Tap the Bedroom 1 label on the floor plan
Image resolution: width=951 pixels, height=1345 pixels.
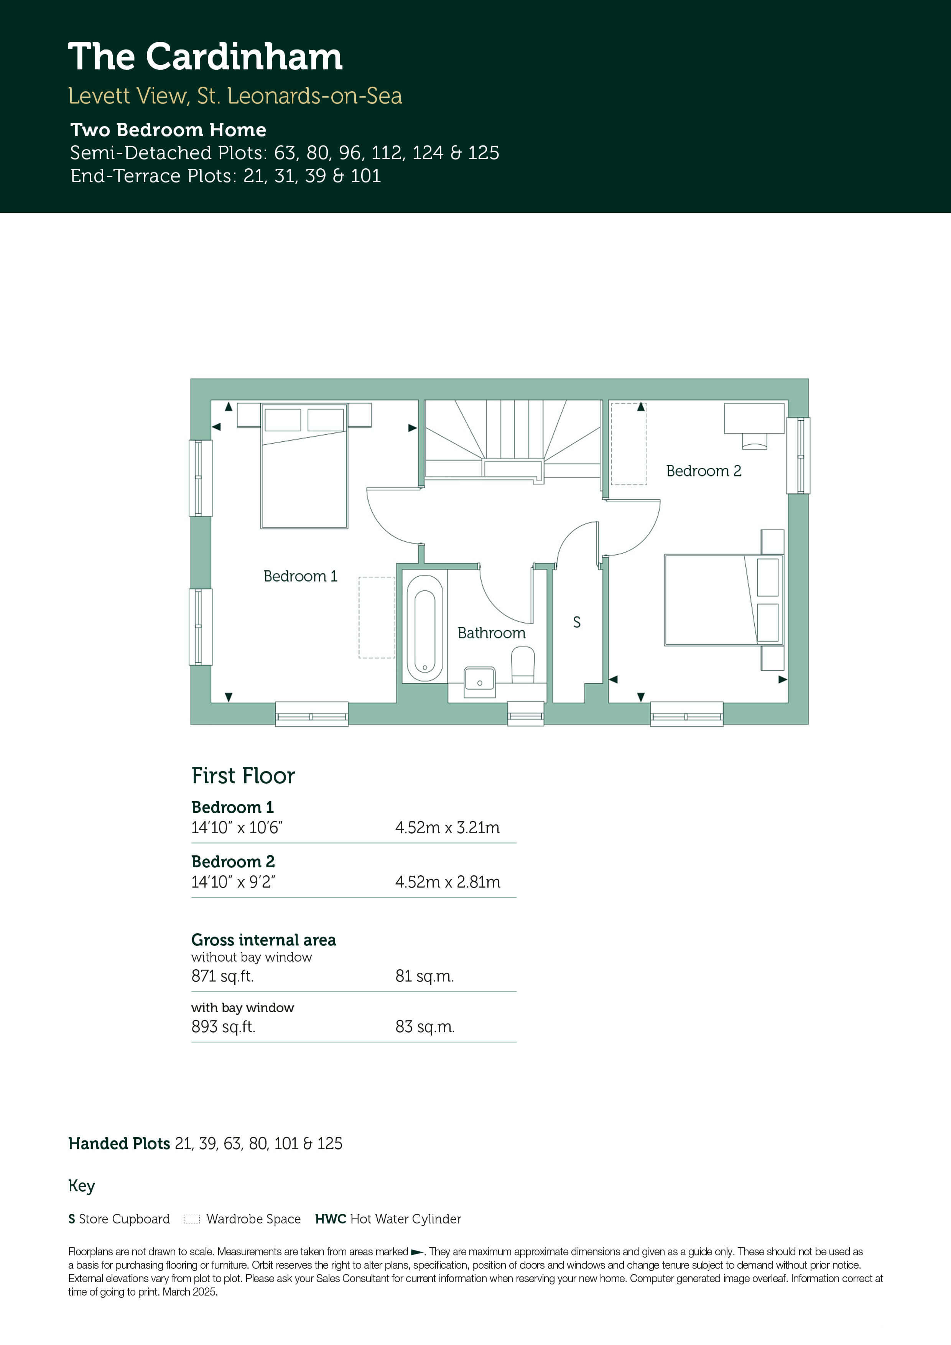(301, 576)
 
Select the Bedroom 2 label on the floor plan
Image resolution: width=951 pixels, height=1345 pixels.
(704, 471)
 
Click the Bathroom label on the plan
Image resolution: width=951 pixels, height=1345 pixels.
(492, 633)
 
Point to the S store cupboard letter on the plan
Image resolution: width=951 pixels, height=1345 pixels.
(577, 622)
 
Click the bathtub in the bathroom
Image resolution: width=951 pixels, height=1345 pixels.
(425, 628)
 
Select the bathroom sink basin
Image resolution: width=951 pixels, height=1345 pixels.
(479, 682)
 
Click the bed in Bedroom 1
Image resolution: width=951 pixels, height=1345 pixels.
(304, 466)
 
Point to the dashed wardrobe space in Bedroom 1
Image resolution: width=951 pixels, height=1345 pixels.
(377, 617)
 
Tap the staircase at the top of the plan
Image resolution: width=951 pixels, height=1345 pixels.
(513, 439)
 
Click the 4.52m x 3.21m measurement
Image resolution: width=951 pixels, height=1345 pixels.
(448, 828)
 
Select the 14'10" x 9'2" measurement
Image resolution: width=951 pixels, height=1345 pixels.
(233, 882)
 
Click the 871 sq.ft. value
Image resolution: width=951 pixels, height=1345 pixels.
(223, 976)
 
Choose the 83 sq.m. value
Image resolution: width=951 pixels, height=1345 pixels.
(425, 1027)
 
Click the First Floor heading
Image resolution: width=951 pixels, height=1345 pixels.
(243, 776)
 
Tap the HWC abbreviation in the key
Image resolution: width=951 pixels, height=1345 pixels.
(331, 1219)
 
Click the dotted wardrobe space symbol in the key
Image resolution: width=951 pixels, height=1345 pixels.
(192, 1219)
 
